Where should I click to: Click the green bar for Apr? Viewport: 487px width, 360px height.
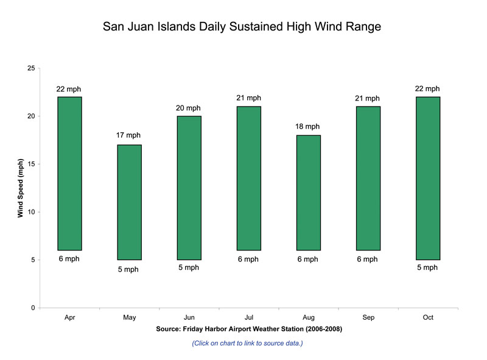(69, 174)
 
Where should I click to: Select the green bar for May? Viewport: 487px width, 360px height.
(129, 202)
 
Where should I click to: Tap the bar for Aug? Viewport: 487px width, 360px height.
(308, 192)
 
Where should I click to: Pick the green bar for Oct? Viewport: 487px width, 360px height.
(427, 178)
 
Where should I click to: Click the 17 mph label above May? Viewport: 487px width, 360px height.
(128, 135)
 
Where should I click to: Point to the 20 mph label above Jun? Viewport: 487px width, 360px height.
(188, 108)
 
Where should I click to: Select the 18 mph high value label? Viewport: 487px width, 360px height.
(307, 127)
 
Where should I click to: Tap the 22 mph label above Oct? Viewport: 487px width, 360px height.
(427, 89)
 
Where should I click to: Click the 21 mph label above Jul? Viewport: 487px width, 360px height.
(248, 98)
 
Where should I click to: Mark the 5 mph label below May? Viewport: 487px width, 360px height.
(128, 269)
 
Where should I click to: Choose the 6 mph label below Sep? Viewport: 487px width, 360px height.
(367, 259)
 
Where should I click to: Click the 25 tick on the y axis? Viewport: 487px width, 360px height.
(30, 68)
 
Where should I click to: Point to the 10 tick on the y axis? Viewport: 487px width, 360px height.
(30, 212)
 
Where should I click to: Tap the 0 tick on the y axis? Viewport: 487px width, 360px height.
(32, 308)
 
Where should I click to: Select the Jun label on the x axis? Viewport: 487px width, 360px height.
(189, 317)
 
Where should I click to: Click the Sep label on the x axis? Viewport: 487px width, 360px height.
(368, 317)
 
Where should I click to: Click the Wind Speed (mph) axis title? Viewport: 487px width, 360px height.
(20, 188)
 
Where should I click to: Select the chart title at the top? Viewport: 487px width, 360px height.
(242, 27)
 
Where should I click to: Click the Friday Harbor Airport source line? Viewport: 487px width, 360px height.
(248, 330)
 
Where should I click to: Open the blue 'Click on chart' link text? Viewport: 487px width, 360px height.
(247, 344)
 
